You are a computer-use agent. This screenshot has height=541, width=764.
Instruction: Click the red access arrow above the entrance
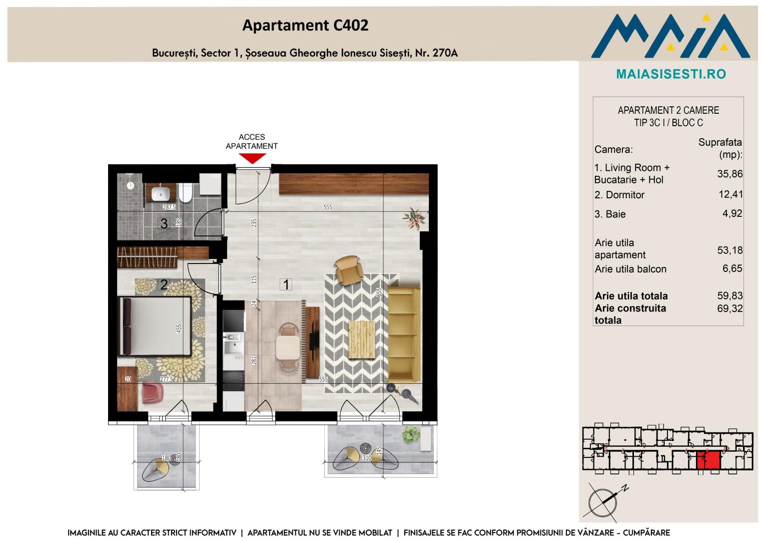click(252, 158)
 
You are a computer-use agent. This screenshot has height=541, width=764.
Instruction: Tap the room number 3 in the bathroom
click(164, 223)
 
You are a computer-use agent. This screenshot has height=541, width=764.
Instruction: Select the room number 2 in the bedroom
click(164, 285)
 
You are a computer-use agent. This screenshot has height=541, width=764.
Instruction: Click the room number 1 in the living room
click(286, 285)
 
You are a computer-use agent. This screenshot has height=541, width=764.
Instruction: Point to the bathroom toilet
click(186, 193)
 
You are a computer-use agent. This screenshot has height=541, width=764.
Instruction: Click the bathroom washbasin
click(160, 194)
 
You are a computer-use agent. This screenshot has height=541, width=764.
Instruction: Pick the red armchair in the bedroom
click(153, 392)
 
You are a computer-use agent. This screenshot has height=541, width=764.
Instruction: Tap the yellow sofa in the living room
click(404, 335)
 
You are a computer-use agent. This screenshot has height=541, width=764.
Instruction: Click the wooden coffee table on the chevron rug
click(362, 339)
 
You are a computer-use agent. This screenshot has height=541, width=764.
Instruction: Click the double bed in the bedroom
click(154, 327)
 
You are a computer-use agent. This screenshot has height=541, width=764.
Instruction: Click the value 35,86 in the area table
click(729, 174)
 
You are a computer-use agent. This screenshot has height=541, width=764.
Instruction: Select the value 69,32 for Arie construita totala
click(729, 309)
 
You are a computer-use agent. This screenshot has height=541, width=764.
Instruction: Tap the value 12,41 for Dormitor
click(730, 194)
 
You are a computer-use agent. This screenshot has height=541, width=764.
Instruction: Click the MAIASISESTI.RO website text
click(671, 74)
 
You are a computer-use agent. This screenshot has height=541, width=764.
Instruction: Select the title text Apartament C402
click(305, 25)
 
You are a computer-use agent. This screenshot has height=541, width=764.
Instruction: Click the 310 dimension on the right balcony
click(367, 458)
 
